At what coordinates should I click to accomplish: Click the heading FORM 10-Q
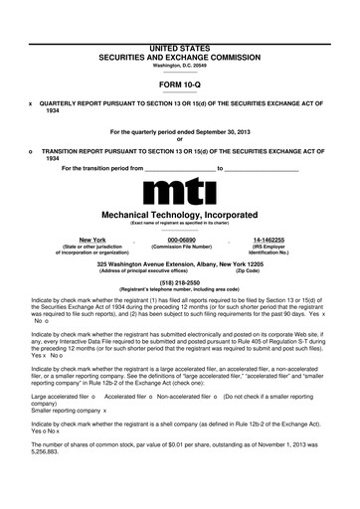180,85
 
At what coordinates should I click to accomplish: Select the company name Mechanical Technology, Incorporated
180,213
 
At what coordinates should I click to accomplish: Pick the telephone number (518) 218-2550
180,280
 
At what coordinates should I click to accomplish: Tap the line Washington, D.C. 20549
180,67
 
